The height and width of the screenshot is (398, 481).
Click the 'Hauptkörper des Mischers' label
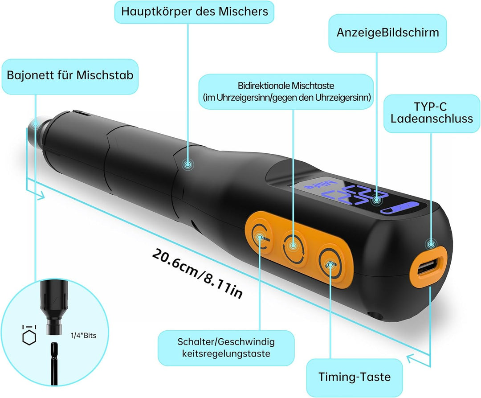click(x=194, y=12)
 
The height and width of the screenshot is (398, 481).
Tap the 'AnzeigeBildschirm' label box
click(x=388, y=33)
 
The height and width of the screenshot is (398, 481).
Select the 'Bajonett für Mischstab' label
click(x=70, y=76)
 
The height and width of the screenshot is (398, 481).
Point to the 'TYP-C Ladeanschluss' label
click(x=432, y=113)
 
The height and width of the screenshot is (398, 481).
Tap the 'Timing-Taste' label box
click(x=355, y=377)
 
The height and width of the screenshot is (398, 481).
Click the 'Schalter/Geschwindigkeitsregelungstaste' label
click(x=226, y=348)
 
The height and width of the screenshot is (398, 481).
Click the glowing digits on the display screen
click(x=357, y=196)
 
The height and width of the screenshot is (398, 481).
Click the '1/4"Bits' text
click(x=83, y=336)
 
